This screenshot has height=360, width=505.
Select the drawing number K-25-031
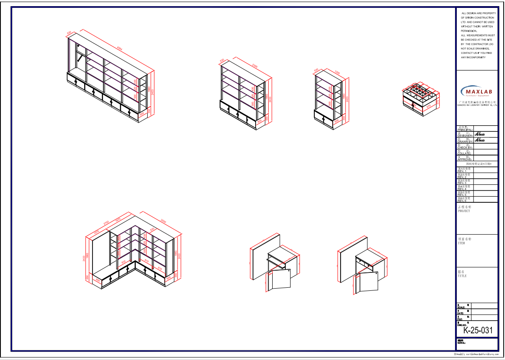[478, 330]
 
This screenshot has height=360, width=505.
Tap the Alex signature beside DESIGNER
[480, 134]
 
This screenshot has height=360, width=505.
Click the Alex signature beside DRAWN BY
[480, 140]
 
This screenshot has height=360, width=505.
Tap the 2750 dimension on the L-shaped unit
[106, 223]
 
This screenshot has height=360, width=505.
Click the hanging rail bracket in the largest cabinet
[79, 57]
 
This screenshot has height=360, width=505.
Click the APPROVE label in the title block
[465, 159]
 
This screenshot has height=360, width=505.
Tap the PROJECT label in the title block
[464, 211]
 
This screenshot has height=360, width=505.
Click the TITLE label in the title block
[462, 276]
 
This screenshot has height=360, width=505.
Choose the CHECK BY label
[465, 148]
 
